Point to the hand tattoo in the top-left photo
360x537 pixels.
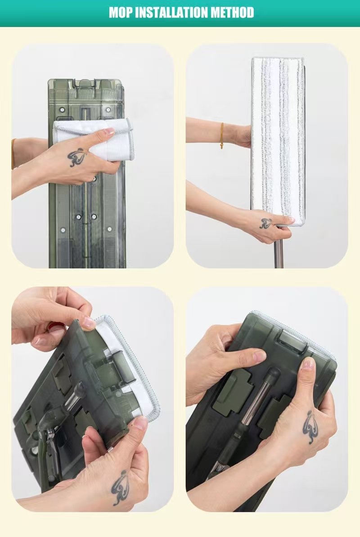point(77,157)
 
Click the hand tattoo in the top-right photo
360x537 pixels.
point(266,224)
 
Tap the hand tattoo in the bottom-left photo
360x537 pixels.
point(120,487)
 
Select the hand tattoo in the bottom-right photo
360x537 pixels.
point(310,428)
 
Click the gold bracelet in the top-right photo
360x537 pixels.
point(221,135)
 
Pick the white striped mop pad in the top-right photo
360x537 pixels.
point(278,141)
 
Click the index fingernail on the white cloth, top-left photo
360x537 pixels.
point(109,131)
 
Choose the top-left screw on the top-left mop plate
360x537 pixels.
point(62,110)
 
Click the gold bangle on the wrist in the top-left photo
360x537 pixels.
point(13,154)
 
